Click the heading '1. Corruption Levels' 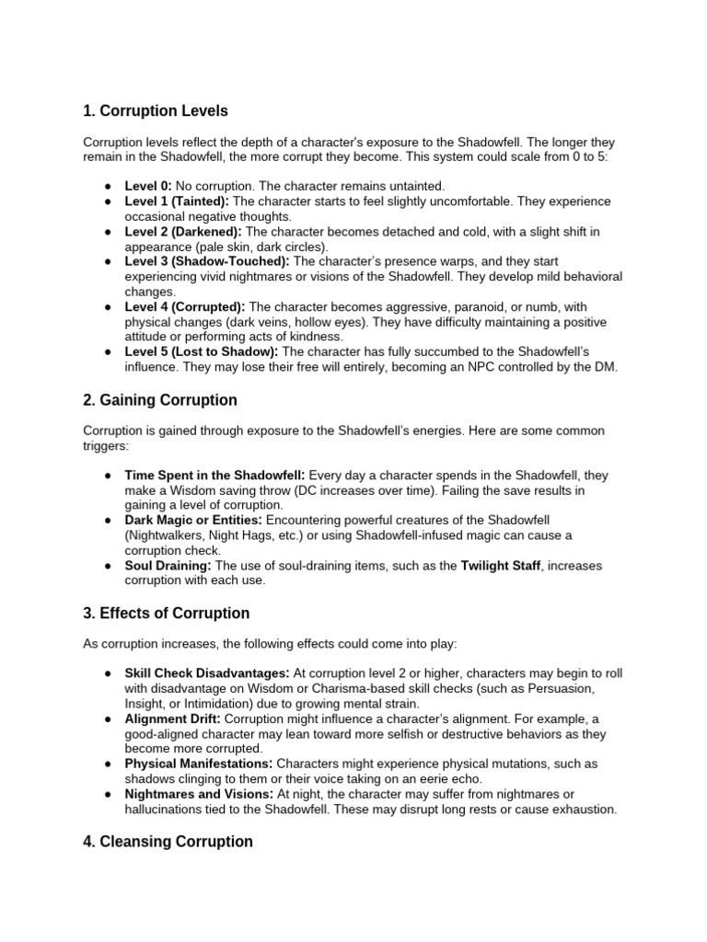pyautogui.click(x=155, y=111)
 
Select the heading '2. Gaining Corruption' pyautogui.click(x=159, y=400)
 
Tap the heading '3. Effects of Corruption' pyautogui.click(x=166, y=614)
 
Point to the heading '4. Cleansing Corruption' pyautogui.click(x=168, y=841)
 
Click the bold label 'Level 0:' pyautogui.click(x=148, y=186)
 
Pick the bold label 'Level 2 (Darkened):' pyautogui.click(x=183, y=230)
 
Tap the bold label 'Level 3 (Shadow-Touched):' pyautogui.click(x=207, y=261)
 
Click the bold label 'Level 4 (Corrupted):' pyautogui.click(x=185, y=306)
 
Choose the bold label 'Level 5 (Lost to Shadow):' pyautogui.click(x=202, y=351)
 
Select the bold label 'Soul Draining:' pyautogui.click(x=168, y=566)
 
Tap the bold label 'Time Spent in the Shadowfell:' pyautogui.click(x=215, y=476)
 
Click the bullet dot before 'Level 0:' pyautogui.click(x=108, y=186)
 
